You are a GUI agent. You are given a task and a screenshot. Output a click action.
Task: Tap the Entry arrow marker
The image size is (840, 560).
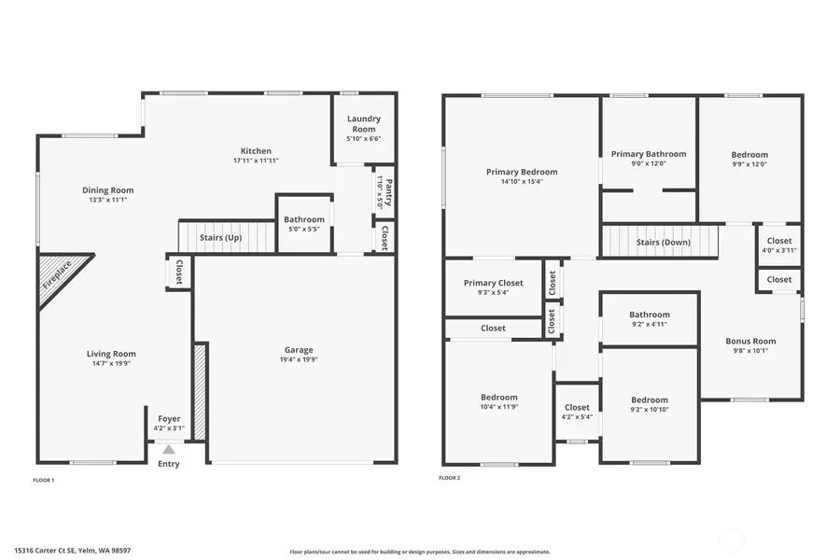[x=169, y=450]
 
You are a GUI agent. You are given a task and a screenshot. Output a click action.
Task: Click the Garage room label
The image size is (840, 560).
[x=299, y=350]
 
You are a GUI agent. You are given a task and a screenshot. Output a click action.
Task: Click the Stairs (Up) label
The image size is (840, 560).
[x=221, y=238]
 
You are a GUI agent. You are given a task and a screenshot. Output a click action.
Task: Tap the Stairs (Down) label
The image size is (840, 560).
[x=663, y=243]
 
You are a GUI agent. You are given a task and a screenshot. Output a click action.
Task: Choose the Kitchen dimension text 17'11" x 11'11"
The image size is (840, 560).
[x=256, y=161]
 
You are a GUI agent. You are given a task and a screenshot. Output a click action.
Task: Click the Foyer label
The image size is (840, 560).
[x=169, y=419]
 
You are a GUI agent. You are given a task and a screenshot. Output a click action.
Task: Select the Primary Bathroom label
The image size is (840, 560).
[x=649, y=154]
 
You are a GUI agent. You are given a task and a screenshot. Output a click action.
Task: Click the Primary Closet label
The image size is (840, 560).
[x=494, y=283]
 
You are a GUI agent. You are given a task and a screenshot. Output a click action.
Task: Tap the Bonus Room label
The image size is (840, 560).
[x=750, y=342]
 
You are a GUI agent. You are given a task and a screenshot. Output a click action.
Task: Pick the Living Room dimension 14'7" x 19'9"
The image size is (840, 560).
[x=111, y=364]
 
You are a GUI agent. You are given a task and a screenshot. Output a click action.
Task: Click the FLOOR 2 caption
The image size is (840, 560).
[x=450, y=478]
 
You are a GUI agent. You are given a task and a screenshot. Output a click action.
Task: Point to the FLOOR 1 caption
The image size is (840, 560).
[x=44, y=480]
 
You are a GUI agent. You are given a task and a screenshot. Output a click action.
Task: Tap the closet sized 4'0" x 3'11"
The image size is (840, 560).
[x=778, y=241]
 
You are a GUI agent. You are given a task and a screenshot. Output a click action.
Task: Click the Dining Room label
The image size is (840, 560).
[x=108, y=190]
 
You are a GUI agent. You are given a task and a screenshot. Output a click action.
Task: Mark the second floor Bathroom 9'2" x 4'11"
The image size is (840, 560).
[x=649, y=315]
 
